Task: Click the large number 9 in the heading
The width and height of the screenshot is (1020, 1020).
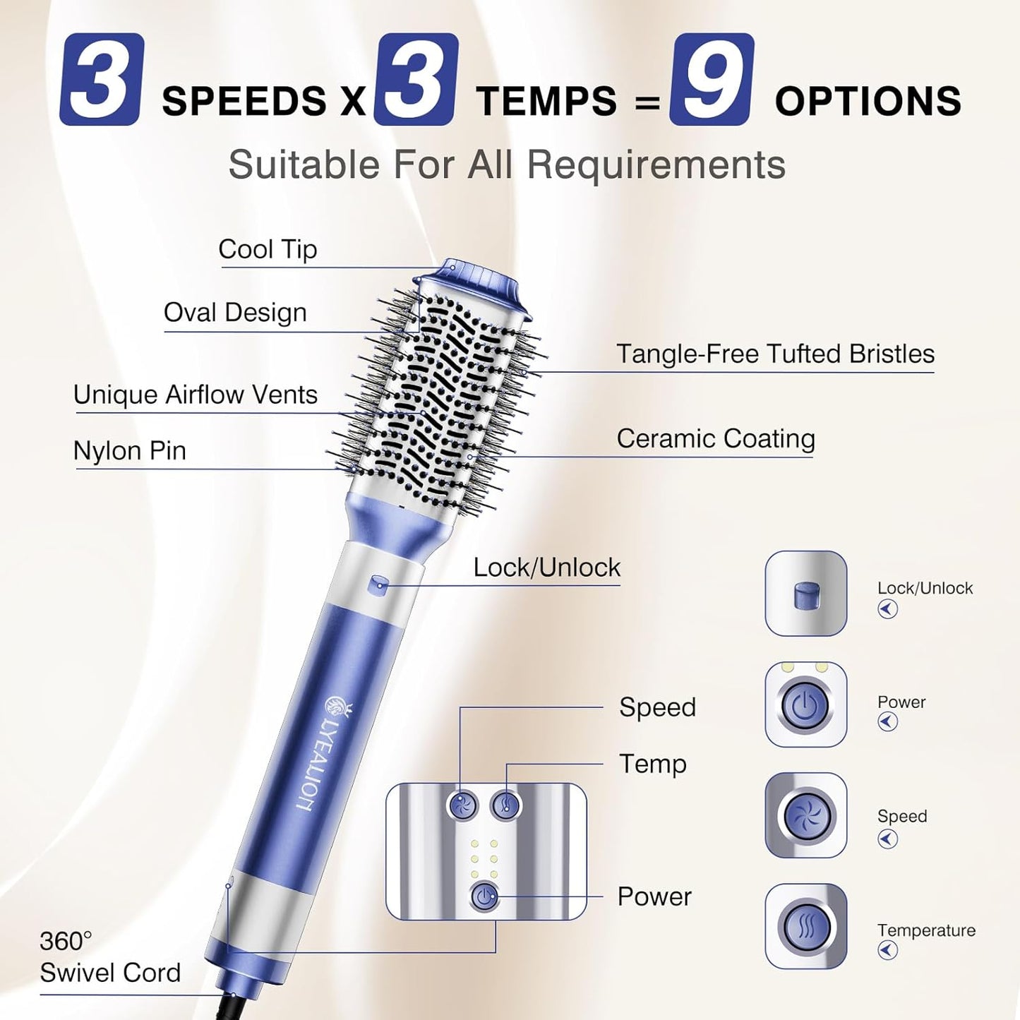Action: [711, 79]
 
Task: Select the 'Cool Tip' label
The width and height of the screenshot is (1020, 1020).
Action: [268, 248]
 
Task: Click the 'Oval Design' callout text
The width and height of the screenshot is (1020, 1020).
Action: [235, 312]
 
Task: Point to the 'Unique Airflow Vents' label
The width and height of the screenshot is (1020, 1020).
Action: [196, 395]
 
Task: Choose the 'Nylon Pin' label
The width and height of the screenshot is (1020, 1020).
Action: [130, 450]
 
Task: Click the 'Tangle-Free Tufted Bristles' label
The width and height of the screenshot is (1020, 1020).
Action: [776, 354]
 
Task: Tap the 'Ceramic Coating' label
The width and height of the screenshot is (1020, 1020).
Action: [716, 439]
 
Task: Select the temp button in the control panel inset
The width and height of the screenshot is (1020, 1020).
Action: [505, 805]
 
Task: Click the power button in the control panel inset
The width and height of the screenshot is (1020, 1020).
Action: [484, 896]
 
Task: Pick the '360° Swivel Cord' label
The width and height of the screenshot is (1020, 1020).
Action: [110, 957]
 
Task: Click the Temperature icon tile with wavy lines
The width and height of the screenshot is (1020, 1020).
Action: [805, 926]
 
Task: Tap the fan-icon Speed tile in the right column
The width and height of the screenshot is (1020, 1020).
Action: [805, 815]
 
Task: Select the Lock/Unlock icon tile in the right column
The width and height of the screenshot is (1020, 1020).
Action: [805, 594]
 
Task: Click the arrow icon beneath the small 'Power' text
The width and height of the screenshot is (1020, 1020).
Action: [888, 721]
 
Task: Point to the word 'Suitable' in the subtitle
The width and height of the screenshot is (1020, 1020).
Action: [304, 164]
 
